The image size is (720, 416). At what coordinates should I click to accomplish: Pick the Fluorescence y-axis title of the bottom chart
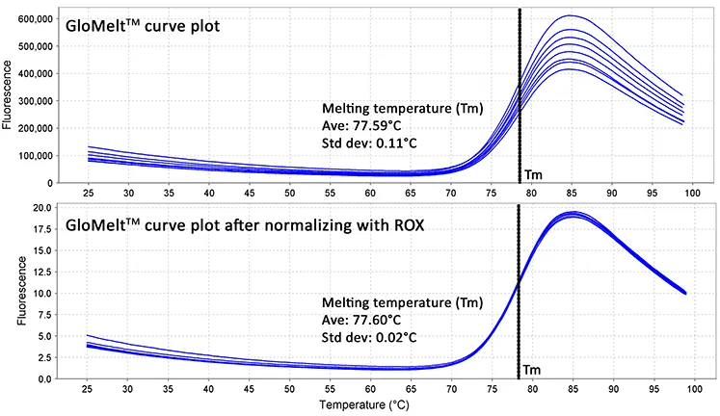click(9, 292)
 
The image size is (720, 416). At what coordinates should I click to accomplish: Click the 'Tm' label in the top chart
click(533, 175)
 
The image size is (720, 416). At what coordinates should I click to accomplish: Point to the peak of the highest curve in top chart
click(571, 15)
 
